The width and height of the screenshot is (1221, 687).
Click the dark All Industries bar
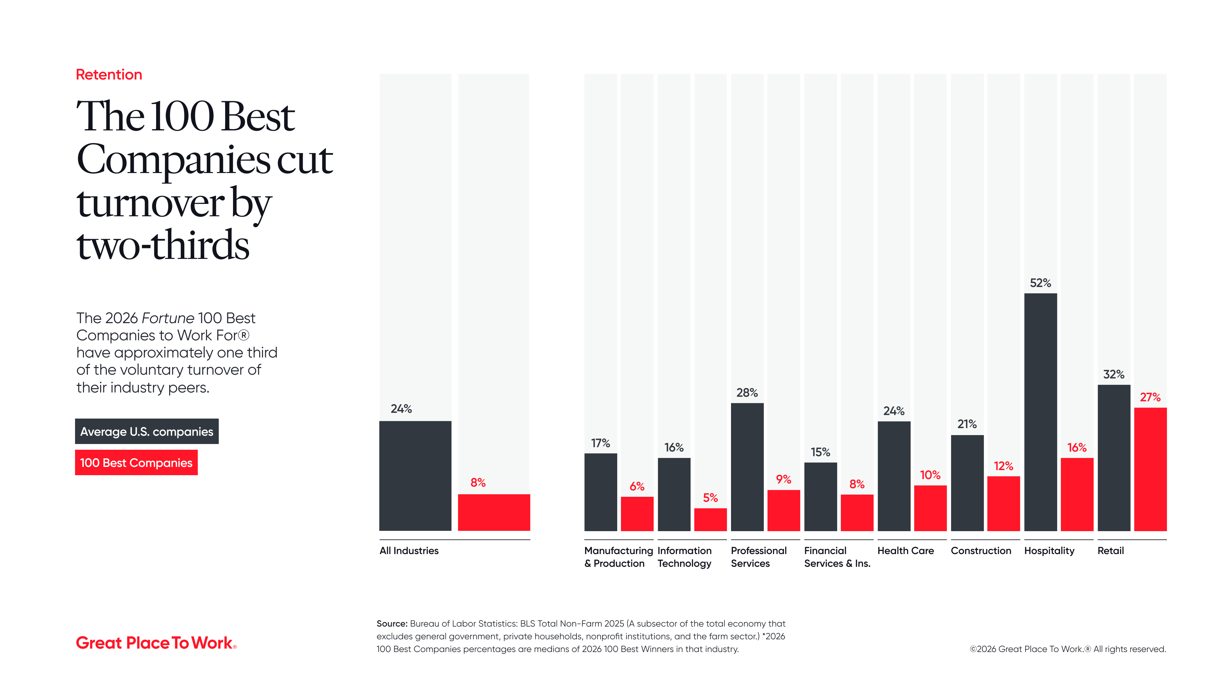pos(415,475)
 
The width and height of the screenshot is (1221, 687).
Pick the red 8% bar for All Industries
pos(493,512)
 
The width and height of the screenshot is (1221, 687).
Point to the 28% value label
pos(747,392)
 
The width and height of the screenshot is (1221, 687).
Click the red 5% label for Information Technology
pos(710,498)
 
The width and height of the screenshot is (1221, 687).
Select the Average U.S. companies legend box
pos(147,432)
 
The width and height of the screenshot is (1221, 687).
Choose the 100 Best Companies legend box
pos(136,463)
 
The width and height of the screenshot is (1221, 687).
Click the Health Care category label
pos(905,551)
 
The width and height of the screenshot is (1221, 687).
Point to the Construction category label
pos(981,551)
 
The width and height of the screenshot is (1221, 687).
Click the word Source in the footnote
pos(391,623)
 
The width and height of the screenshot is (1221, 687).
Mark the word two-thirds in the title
pos(162,246)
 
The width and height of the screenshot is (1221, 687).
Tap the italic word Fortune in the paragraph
pos(168,318)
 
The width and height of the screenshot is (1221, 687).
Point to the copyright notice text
pos(1067,649)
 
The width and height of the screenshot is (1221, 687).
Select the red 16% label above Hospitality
pos(1076,448)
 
